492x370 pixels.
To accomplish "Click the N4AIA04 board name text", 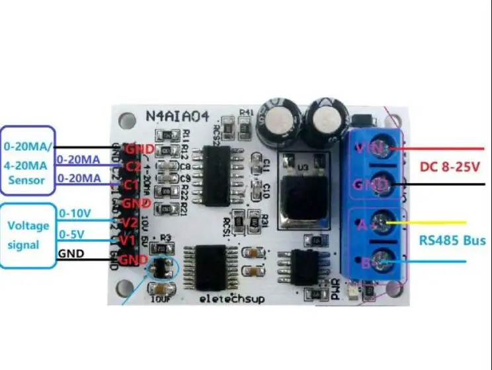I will [177, 118].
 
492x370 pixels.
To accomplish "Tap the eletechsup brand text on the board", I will [232, 299].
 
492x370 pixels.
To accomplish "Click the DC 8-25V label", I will [452, 168].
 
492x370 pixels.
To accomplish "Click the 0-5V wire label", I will [71, 234].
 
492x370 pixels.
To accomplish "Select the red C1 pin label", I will [132, 184].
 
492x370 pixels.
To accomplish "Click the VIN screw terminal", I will [376, 148].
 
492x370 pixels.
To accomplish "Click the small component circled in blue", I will [161, 268].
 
